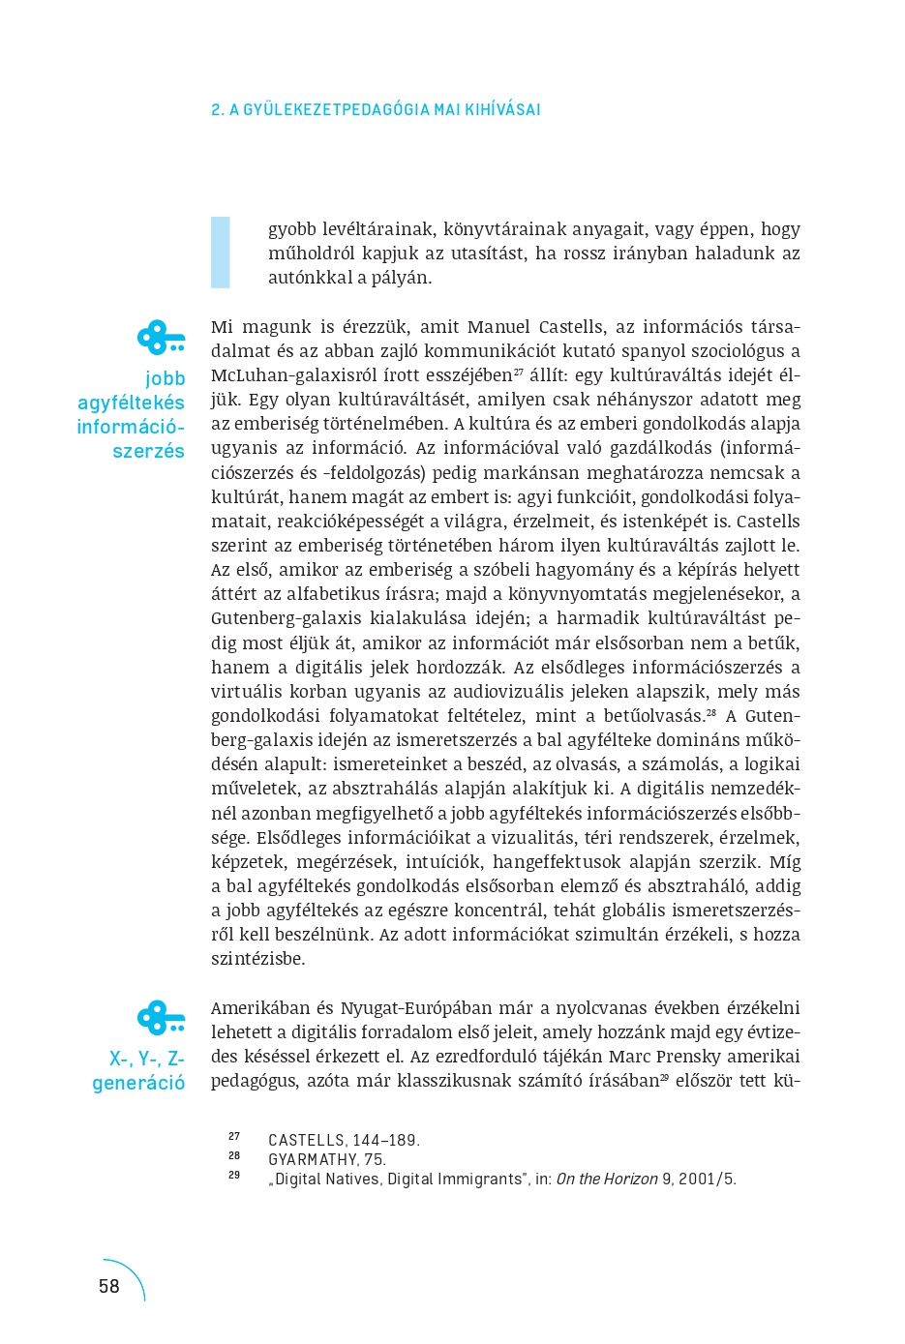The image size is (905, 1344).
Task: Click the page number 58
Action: (x=109, y=1286)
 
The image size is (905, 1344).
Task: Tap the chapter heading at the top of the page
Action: (x=376, y=109)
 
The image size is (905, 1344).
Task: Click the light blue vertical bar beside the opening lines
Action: (x=221, y=253)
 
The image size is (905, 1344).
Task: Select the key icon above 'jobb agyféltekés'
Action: (x=161, y=339)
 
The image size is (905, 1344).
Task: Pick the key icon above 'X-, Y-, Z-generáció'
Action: (x=161, y=1018)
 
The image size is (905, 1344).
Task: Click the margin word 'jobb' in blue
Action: (x=165, y=378)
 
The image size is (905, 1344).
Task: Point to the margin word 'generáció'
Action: (x=138, y=1083)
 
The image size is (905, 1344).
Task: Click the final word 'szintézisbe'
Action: (x=257, y=959)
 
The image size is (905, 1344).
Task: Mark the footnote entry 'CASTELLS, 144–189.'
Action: (x=344, y=1141)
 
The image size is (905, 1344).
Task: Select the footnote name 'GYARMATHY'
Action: (x=312, y=1160)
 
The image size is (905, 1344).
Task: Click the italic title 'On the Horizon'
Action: (x=606, y=1180)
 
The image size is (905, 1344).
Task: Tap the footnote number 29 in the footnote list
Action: (x=234, y=1176)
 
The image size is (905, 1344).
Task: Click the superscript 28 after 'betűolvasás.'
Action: (x=711, y=712)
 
